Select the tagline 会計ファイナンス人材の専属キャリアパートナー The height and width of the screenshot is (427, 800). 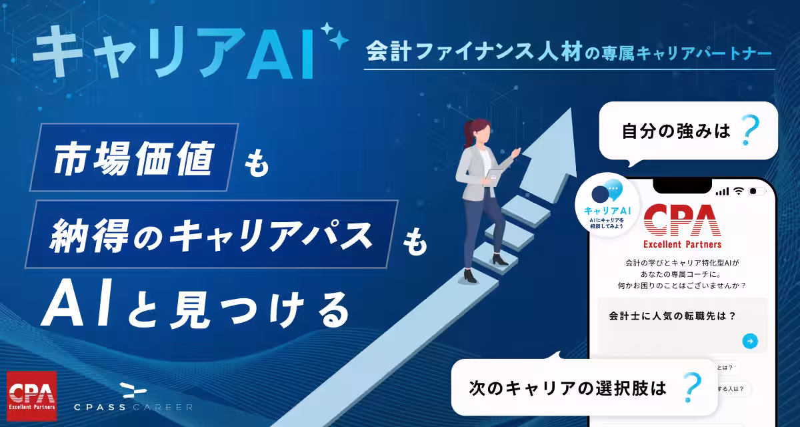(x=570, y=51)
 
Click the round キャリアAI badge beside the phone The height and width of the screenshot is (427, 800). (x=607, y=203)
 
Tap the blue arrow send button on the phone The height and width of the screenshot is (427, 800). (x=750, y=341)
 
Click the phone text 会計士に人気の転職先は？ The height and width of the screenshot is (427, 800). (x=672, y=316)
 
